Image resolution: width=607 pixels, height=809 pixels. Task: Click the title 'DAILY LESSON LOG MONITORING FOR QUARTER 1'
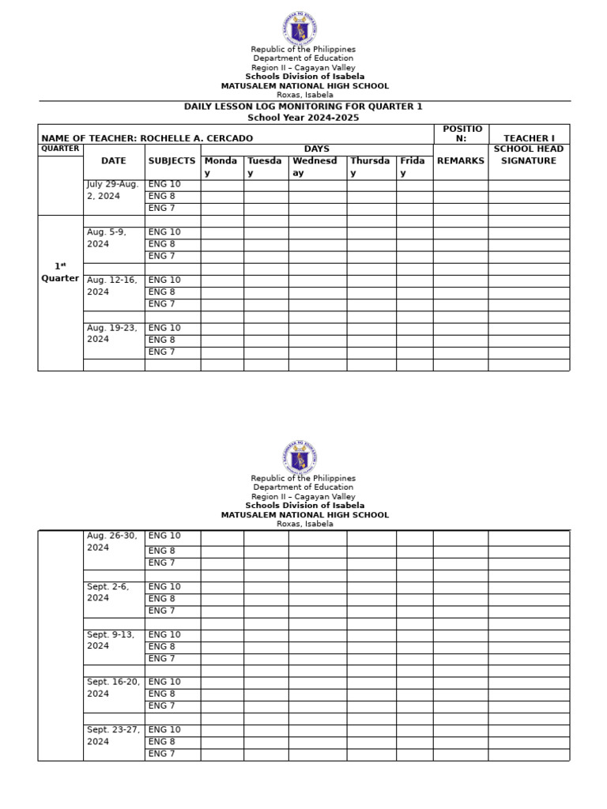[x=303, y=106]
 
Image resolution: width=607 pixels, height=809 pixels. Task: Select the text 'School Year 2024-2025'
[x=303, y=118]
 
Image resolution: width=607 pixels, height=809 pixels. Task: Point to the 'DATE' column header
[x=114, y=160]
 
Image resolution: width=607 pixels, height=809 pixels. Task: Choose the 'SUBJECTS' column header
[x=172, y=160]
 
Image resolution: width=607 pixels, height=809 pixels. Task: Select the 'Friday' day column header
[x=413, y=167]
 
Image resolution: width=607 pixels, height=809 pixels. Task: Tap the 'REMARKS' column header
[x=460, y=160]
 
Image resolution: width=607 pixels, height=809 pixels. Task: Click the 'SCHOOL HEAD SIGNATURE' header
[x=528, y=155]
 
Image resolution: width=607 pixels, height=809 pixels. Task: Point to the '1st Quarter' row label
[x=60, y=273]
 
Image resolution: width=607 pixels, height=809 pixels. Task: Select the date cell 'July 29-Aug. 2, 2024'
[x=114, y=190]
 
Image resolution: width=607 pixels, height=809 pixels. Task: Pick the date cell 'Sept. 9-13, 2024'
[x=111, y=640]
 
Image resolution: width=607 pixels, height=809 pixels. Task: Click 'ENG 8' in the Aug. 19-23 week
[x=162, y=340]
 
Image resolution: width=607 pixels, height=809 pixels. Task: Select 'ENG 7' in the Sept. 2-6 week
[x=162, y=611]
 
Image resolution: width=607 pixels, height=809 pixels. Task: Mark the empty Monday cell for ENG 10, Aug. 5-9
[x=222, y=232]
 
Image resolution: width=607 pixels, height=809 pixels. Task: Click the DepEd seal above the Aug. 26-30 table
[x=300, y=457]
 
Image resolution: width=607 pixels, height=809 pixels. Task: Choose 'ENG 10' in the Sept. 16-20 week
[x=164, y=682]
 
